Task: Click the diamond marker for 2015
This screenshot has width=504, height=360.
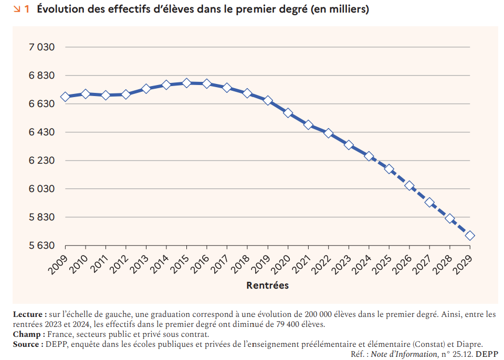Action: point(186,83)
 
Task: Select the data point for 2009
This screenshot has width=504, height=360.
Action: point(65,97)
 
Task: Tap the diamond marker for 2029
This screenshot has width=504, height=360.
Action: point(470,236)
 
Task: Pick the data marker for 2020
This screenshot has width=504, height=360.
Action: point(288,113)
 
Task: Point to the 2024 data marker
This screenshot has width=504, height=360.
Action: point(369,156)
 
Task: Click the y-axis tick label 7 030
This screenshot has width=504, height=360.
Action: point(41,47)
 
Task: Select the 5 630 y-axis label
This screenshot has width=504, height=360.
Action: point(41,246)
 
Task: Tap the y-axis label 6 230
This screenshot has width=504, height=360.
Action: point(41,161)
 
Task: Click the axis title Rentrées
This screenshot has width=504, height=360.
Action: point(267,285)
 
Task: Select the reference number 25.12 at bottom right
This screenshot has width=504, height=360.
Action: point(463,354)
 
